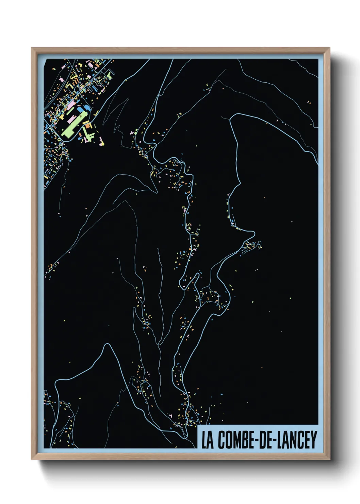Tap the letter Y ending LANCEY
(x=313, y=440)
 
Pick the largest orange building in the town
(x=88, y=126)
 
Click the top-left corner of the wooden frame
(x=32, y=48)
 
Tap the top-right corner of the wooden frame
(x=330, y=48)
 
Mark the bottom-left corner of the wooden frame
(x=32, y=459)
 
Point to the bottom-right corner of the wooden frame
(x=330, y=459)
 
